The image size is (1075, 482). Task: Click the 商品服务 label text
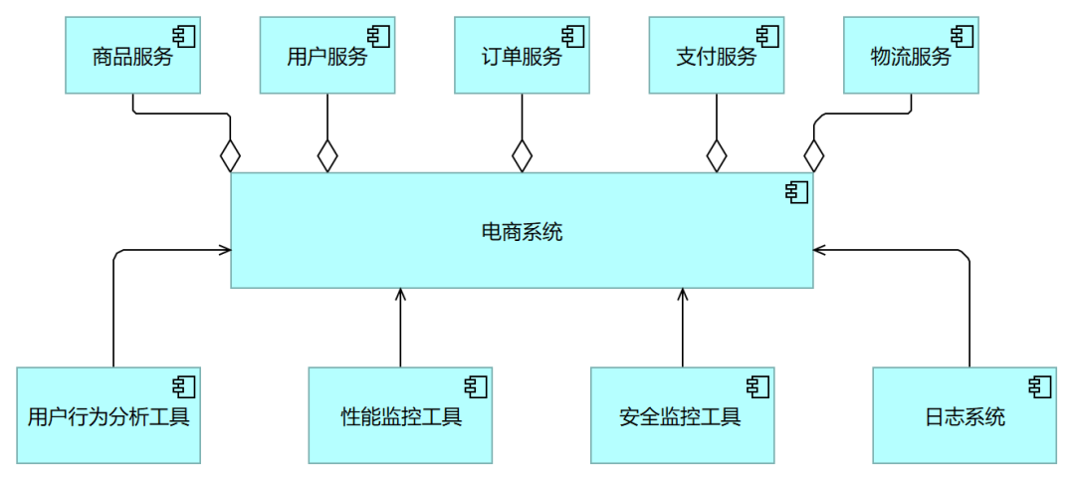(132, 57)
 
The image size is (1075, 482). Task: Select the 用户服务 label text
(326, 57)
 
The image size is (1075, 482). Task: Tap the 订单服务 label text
(522, 57)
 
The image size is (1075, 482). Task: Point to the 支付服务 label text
(716, 57)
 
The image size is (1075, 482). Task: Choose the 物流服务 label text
(910, 57)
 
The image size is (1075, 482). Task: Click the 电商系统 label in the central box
(522, 233)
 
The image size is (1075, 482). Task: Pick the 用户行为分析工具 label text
(108, 416)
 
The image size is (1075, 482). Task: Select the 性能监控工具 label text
(400, 416)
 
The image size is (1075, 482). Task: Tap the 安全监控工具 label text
(682, 416)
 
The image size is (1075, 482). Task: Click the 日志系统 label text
(965, 416)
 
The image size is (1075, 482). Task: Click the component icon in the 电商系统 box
(796, 192)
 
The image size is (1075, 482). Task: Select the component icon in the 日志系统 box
(1040, 386)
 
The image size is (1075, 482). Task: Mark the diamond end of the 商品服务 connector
(231, 156)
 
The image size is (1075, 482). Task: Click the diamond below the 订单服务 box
(522, 156)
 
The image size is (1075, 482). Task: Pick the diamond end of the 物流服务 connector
(813, 156)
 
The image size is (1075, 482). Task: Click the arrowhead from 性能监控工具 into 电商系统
(400, 294)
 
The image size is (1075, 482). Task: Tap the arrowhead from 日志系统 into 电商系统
(819, 250)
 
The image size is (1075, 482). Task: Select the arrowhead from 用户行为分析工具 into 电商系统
(225, 250)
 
